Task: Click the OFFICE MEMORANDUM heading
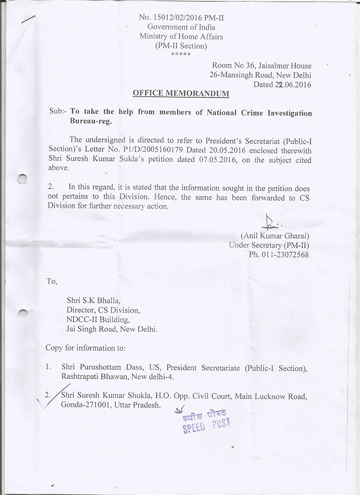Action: pyautogui.click(x=181, y=94)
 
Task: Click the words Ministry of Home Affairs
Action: pyautogui.click(x=181, y=36)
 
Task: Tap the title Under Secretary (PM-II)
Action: pyautogui.click(x=269, y=245)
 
